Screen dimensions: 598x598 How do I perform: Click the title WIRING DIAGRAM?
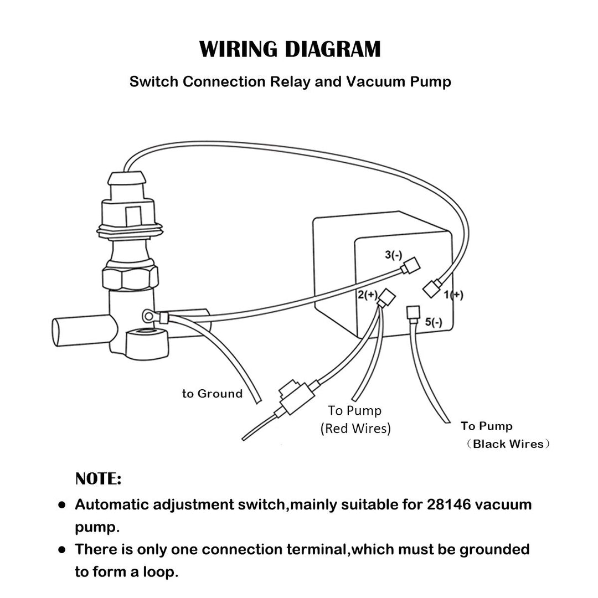[290, 49]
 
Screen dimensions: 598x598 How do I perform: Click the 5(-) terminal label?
[434, 322]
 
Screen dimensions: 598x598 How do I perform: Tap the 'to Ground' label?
[213, 394]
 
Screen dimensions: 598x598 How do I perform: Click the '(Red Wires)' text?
[355, 428]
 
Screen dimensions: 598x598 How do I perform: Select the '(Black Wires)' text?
[508, 444]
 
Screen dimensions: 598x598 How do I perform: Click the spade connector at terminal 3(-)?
[410, 267]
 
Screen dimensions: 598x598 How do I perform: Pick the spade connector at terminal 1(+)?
[432, 288]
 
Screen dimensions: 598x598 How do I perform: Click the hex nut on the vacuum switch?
[130, 275]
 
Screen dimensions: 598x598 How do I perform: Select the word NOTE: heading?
[98, 479]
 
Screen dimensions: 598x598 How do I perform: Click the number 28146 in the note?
[448, 504]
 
